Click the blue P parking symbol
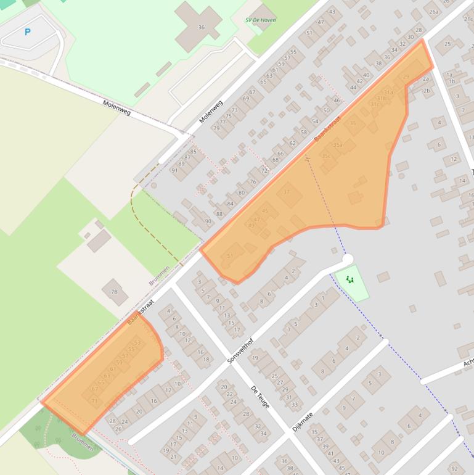tap(27, 31)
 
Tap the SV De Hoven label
tap(261, 20)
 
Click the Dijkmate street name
tap(303, 421)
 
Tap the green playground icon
tap(351, 280)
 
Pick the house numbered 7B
tap(114, 292)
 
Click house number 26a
tap(434, 12)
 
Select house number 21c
tap(468, 19)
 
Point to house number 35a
tap(338, 145)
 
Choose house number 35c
tap(326, 156)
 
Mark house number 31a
tap(388, 93)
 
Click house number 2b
tap(426, 91)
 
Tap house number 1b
tap(452, 81)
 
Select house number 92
tap(454, 469)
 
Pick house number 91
tap(174, 170)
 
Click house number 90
tap(208, 221)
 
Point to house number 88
tap(219, 214)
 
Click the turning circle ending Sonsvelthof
tap(348, 258)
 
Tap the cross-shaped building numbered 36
tap(201, 27)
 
